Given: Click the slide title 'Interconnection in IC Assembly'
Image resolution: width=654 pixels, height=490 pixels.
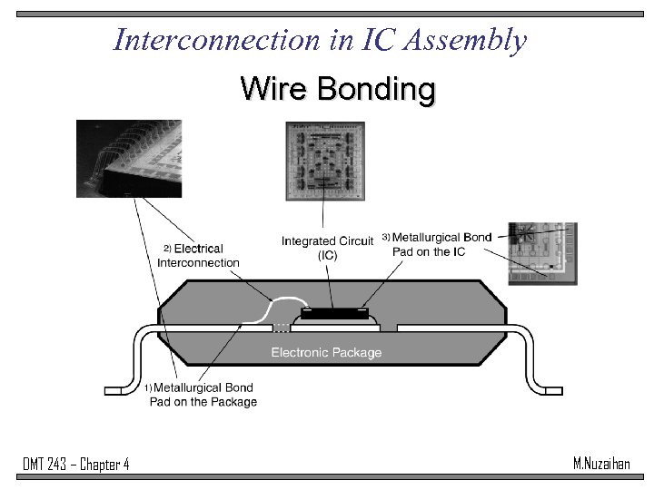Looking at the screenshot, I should (x=320, y=40).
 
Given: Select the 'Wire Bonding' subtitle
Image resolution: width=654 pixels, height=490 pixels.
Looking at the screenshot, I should (x=338, y=89).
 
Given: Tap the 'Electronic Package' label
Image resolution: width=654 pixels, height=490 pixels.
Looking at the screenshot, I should (x=326, y=352).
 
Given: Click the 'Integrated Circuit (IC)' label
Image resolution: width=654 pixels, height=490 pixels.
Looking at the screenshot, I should (x=327, y=248).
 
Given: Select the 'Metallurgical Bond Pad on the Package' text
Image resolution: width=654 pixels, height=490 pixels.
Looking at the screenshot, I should (x=203, y=395).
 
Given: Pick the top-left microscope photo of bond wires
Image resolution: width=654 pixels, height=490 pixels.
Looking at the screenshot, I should (x=129, y=159).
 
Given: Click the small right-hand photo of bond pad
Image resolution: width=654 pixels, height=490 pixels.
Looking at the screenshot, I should (x=541, y=254).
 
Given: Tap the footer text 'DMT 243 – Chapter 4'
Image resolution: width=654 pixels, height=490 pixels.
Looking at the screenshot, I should (x=76, y=465).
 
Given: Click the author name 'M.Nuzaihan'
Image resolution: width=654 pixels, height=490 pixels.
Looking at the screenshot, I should (x=600, y=464).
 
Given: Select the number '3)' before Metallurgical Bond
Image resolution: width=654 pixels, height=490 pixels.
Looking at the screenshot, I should (x=385, y=237).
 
